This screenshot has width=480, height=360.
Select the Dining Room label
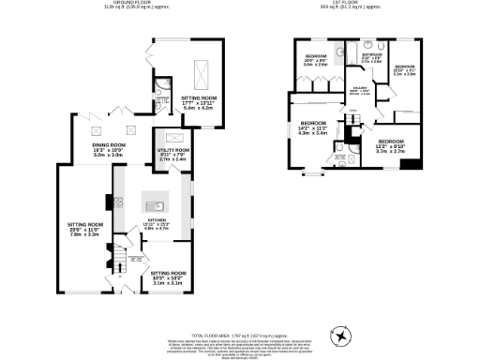(108, 150)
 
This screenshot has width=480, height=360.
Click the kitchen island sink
(157, 204)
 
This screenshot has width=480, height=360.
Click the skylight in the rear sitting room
(201, 71)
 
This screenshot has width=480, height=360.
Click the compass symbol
(341, 335)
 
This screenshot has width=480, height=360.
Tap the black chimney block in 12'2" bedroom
(410, 165)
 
